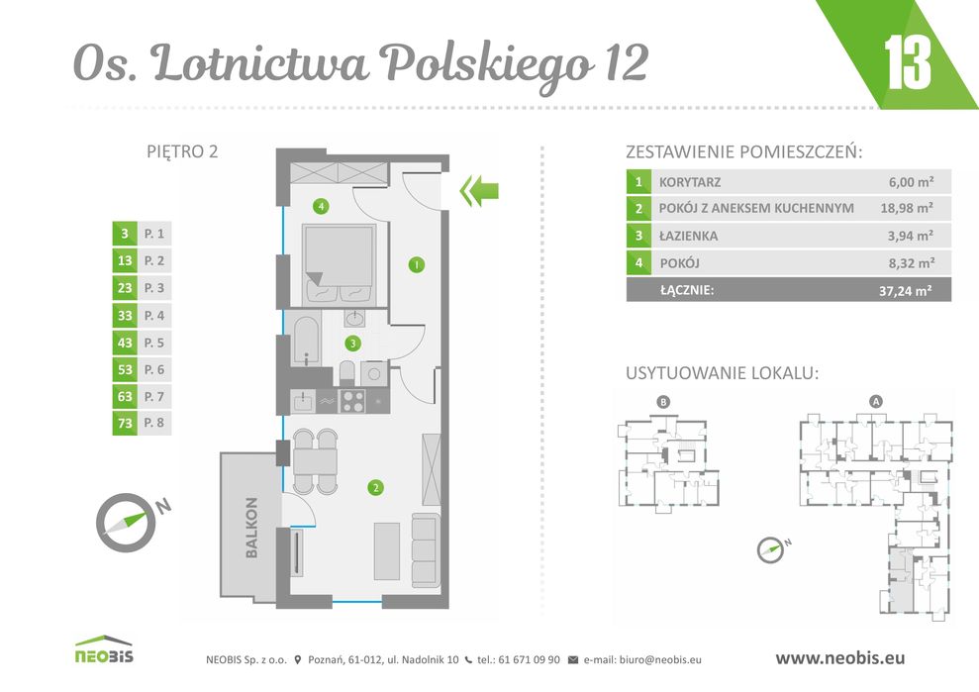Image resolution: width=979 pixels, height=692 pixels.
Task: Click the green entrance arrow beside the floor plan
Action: coord(480,190)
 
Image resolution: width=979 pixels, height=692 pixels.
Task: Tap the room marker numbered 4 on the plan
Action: coord(319,207)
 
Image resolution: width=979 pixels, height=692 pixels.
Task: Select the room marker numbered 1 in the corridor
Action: coord(417,264)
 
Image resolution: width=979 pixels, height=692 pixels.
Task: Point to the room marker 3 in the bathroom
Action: coord(352,343)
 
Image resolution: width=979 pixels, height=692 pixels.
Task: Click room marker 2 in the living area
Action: coord(375,486)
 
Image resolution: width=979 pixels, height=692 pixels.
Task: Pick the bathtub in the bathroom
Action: coord(306,340)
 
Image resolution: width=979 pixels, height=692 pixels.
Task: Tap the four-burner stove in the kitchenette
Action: coord(353,400)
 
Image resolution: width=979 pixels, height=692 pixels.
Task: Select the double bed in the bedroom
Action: coord(339,262)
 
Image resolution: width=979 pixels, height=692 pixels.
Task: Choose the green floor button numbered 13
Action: coord(125,261)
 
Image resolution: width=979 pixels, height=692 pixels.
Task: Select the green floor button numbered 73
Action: coord(125,424)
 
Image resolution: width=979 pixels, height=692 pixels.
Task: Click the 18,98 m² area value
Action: coord(907,208)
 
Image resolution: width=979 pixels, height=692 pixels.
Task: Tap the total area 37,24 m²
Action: coord(907,290)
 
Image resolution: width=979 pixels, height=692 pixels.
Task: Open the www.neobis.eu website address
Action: coord(838,657)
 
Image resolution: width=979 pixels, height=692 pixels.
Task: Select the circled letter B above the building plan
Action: coord(663,401)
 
